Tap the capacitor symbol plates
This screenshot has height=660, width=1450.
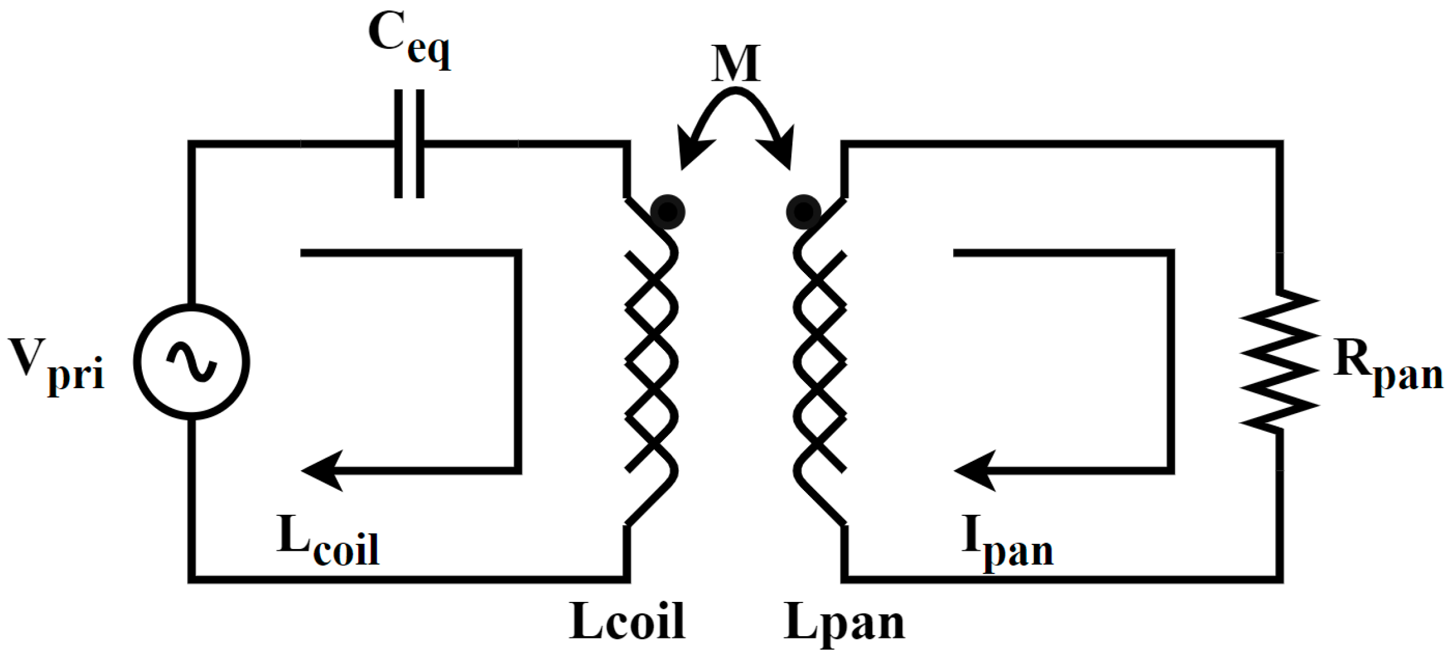(x=409, y=144)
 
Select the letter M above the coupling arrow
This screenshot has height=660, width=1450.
(x=735, y=64)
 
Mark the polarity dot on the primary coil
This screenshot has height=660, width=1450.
(x=668, y=212)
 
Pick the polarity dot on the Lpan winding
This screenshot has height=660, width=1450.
(x=803, y=212)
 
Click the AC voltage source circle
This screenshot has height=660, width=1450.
(x=192, y=361)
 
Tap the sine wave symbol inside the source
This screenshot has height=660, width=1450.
(x=192, y=361)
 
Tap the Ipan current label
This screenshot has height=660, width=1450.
(x=1007, y=543)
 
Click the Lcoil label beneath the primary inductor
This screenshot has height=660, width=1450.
(x=627, y=622)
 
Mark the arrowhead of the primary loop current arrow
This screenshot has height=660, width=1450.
(x=322, y=471)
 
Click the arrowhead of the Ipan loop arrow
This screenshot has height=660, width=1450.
(x=975, y=471)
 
